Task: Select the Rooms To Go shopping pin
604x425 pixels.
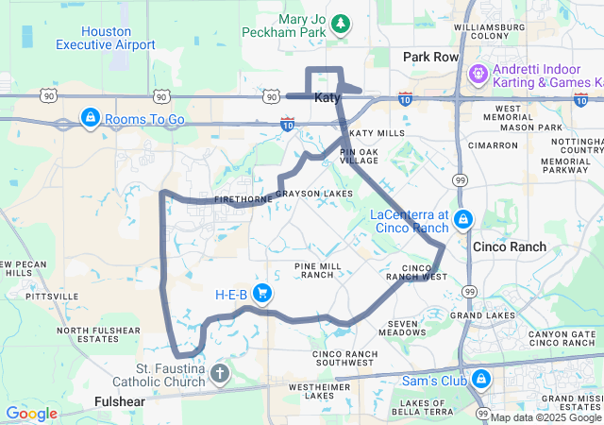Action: point(91,118)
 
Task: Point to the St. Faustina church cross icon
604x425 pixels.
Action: point(219,374)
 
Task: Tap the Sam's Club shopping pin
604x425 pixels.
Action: point(481,380)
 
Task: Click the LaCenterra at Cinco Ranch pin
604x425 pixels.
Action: point(462,220)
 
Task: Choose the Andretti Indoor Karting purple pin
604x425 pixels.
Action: point(478,73)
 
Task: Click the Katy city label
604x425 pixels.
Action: point(327,97)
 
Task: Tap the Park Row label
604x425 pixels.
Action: point(430,58)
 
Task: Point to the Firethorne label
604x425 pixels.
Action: point(214,199)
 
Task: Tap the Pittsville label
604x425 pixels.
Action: point(53,296)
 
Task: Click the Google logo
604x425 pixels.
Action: point(31,414)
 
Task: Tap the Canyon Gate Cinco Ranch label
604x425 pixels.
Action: point(562,338)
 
